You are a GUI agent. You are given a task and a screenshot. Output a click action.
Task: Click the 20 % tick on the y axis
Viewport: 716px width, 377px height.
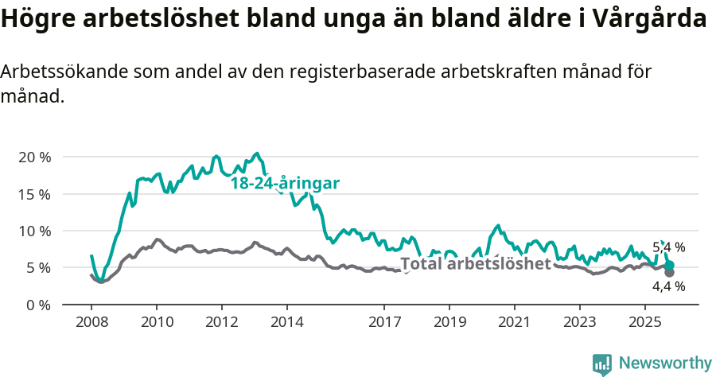[33, 157]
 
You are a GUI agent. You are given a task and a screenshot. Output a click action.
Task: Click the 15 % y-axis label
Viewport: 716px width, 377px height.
[33, 194]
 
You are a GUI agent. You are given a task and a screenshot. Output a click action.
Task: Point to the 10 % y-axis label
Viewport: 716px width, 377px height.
[33, 231]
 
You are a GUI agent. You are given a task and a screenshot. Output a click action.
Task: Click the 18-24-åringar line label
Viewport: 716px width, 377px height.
[285, 184]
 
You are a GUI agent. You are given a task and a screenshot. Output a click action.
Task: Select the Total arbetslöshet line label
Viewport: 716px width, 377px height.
[475, 264]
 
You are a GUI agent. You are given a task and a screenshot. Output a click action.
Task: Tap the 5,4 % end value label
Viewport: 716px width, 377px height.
[668, 247]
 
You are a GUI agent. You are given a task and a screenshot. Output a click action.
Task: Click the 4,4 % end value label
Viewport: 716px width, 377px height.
[668, 286]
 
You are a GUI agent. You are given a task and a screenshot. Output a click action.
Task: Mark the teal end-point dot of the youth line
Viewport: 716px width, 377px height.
[669, 266]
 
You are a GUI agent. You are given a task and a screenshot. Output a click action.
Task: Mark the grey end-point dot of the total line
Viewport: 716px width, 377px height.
[669, 273]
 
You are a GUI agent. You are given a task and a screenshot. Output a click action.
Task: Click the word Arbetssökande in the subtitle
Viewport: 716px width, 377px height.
[63, 72]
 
